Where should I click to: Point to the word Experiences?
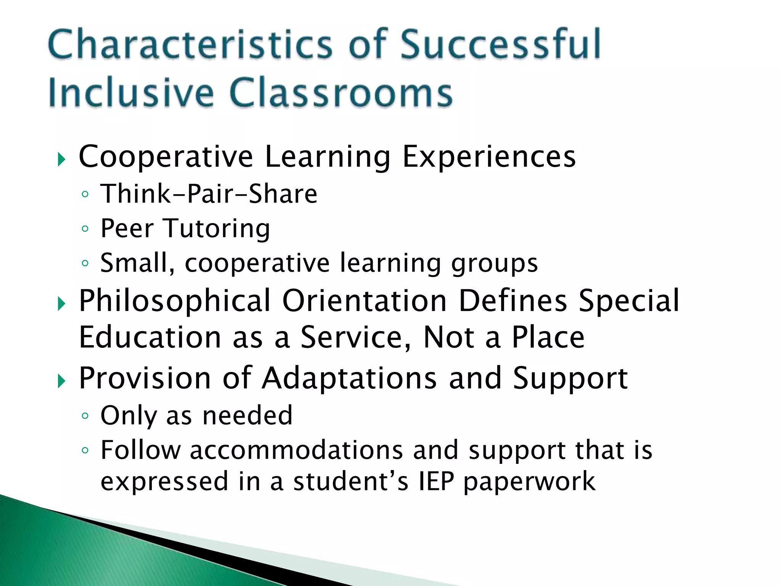tap(489, 157)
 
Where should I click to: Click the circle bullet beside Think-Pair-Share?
tap(85, 195)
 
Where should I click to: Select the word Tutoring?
tap(217, 229)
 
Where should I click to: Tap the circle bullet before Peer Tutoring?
tap(85, 229)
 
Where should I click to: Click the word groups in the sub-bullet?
tap(494, 264)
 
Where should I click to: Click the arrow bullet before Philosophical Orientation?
tap(61, 304)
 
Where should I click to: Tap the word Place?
tap(548, 337)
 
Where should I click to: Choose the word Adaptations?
tap(349, 378)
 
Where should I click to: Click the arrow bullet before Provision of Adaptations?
tap(61, 381)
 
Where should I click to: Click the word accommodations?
tap(296, 450)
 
